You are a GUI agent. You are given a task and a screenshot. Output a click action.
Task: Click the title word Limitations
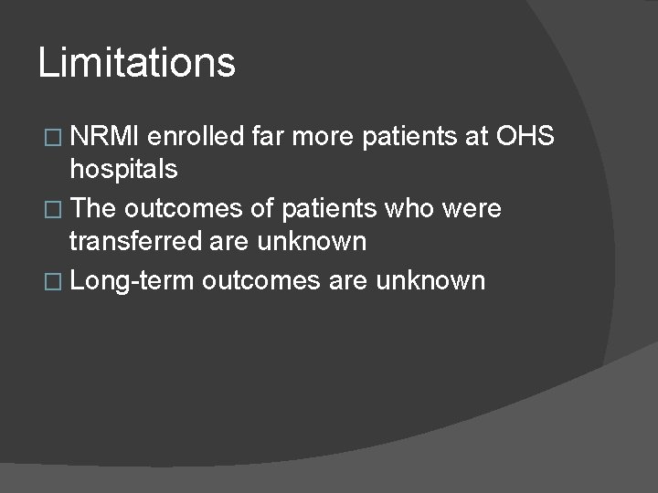pyautogui.click(x=137, y=63)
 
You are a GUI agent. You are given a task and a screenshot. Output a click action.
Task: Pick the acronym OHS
pyautogui.click(x=525, y=136)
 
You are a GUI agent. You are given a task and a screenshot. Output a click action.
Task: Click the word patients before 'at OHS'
pyautogui.click(x=423, y=136)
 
